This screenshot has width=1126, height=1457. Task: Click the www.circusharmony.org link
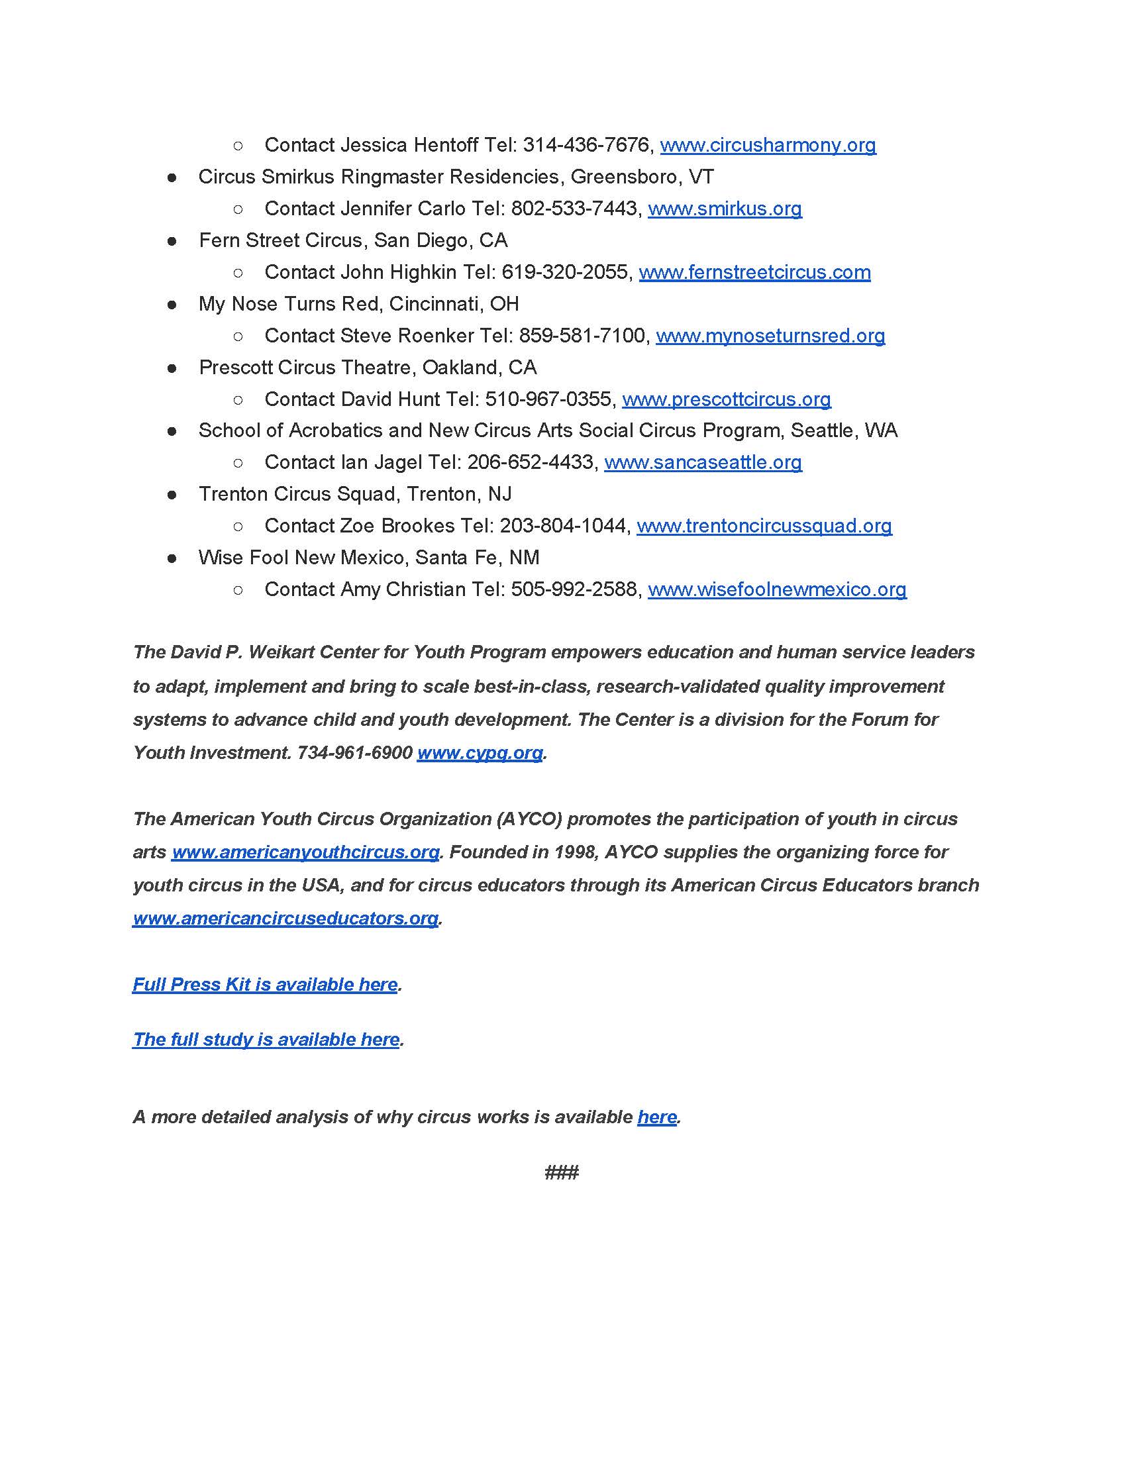768,145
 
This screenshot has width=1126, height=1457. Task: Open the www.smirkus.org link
725,209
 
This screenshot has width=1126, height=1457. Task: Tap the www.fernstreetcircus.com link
754,272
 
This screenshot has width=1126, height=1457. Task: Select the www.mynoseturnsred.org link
770,336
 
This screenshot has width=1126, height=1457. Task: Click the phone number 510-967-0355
548,399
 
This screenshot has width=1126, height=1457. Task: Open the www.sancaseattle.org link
703,462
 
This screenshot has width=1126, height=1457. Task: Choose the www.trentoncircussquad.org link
764,526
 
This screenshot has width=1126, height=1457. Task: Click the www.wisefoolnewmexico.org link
777,589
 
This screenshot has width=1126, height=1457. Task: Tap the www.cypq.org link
480,752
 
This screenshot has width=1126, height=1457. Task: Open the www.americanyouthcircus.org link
305,852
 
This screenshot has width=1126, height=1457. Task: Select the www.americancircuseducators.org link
285,918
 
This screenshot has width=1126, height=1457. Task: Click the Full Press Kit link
265,984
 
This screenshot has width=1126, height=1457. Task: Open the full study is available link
266,1039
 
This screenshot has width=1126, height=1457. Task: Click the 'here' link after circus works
657,1117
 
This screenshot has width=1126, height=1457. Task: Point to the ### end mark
562,1172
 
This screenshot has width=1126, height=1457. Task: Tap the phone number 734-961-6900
355,752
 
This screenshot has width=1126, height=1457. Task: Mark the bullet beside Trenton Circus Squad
172,494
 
